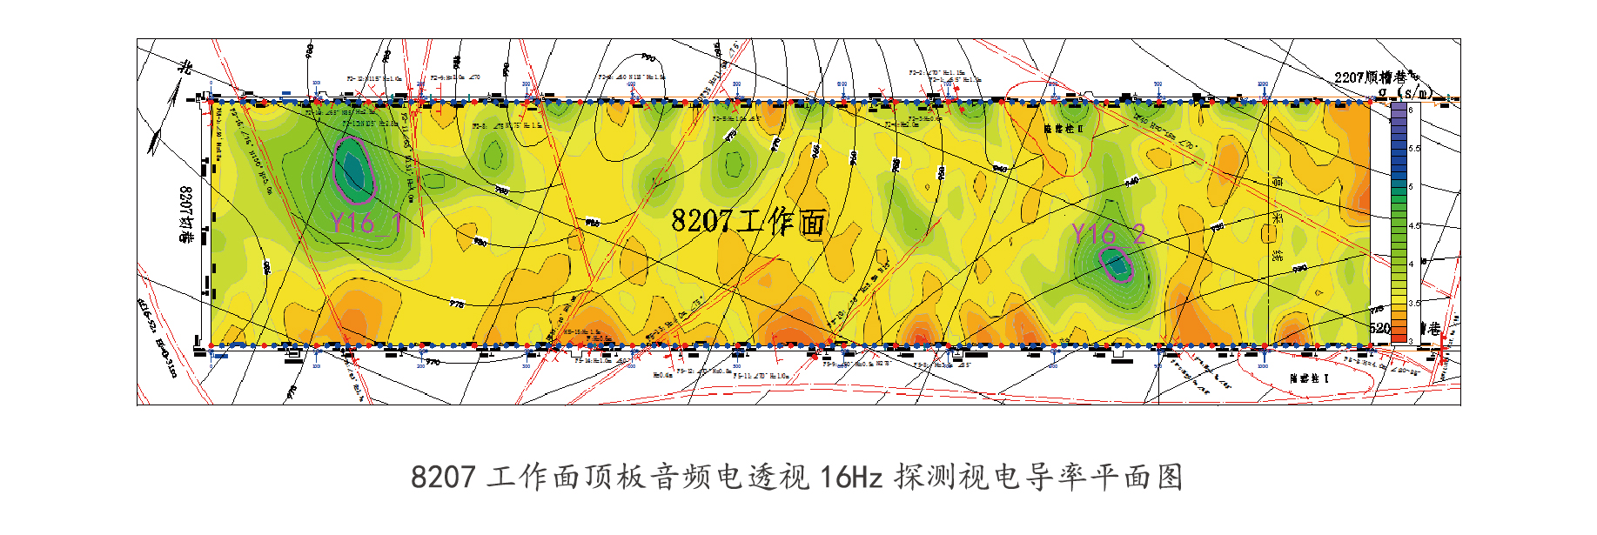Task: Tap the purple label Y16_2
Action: pyautogui.click(x=1108, y=234)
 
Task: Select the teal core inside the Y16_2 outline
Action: pyautogui.click(x=1117, y=264)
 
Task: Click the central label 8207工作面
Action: pyautogui.click(x=748, y=221)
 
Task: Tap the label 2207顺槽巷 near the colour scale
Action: pyautogui.click(x=1371, y=77)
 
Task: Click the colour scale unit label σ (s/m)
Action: pyautogui.click(x=1404, y=92)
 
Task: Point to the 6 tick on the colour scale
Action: pyautogui.click(x=1411, y=110)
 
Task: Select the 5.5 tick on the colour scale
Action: pyautogui.click(x=1413, y=149)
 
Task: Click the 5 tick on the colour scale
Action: pyautogui.click(x=1411, y=187)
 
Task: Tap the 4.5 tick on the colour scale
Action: pyautogui.click(x=1413, y=225)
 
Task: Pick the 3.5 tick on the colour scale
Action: pyautogui.click(x=1413, y=303)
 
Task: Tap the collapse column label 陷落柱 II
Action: pyautogui.click(x=1064, y=129)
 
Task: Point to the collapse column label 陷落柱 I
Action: pyautogui.click(x=1309, y=378)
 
